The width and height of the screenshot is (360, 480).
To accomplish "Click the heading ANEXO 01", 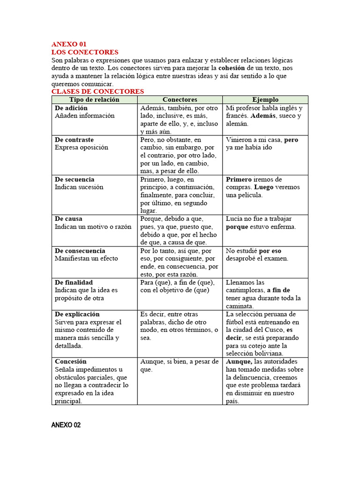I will point(69,44).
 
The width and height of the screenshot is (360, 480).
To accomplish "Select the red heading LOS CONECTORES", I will point(85,52).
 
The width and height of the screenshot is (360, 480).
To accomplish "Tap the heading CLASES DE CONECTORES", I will point(97,91).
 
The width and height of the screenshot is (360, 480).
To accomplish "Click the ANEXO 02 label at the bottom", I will point(66,425).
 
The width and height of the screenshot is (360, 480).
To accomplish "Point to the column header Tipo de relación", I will point(94,99).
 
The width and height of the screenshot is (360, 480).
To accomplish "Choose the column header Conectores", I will point(180,99).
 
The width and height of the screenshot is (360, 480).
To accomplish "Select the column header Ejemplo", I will point(265,99).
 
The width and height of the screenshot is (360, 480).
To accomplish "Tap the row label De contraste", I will point(74,140).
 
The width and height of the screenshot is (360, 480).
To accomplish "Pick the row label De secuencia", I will point(75,180).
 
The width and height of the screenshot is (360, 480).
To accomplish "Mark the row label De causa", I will point(68,219).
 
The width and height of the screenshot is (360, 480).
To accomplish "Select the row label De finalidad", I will point(74,283).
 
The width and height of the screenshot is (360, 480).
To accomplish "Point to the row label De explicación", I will point(77,314).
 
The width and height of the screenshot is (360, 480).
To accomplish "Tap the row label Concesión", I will point(71,362).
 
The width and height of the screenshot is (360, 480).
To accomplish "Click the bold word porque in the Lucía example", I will point(237,227).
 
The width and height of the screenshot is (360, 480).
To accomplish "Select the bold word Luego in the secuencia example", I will point(263,187).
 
